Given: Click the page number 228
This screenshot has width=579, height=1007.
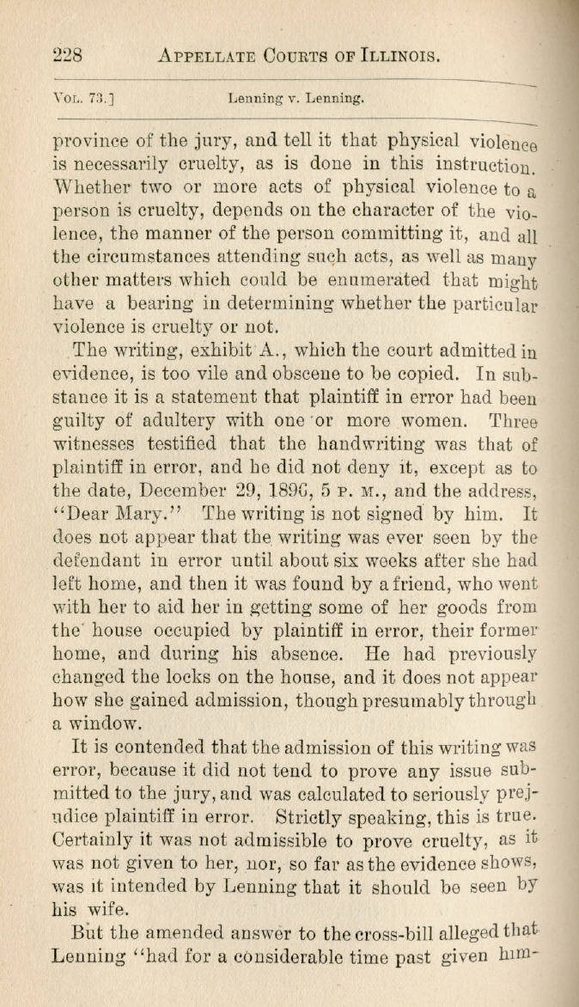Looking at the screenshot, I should pyautogui.click(x=67, y=56).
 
